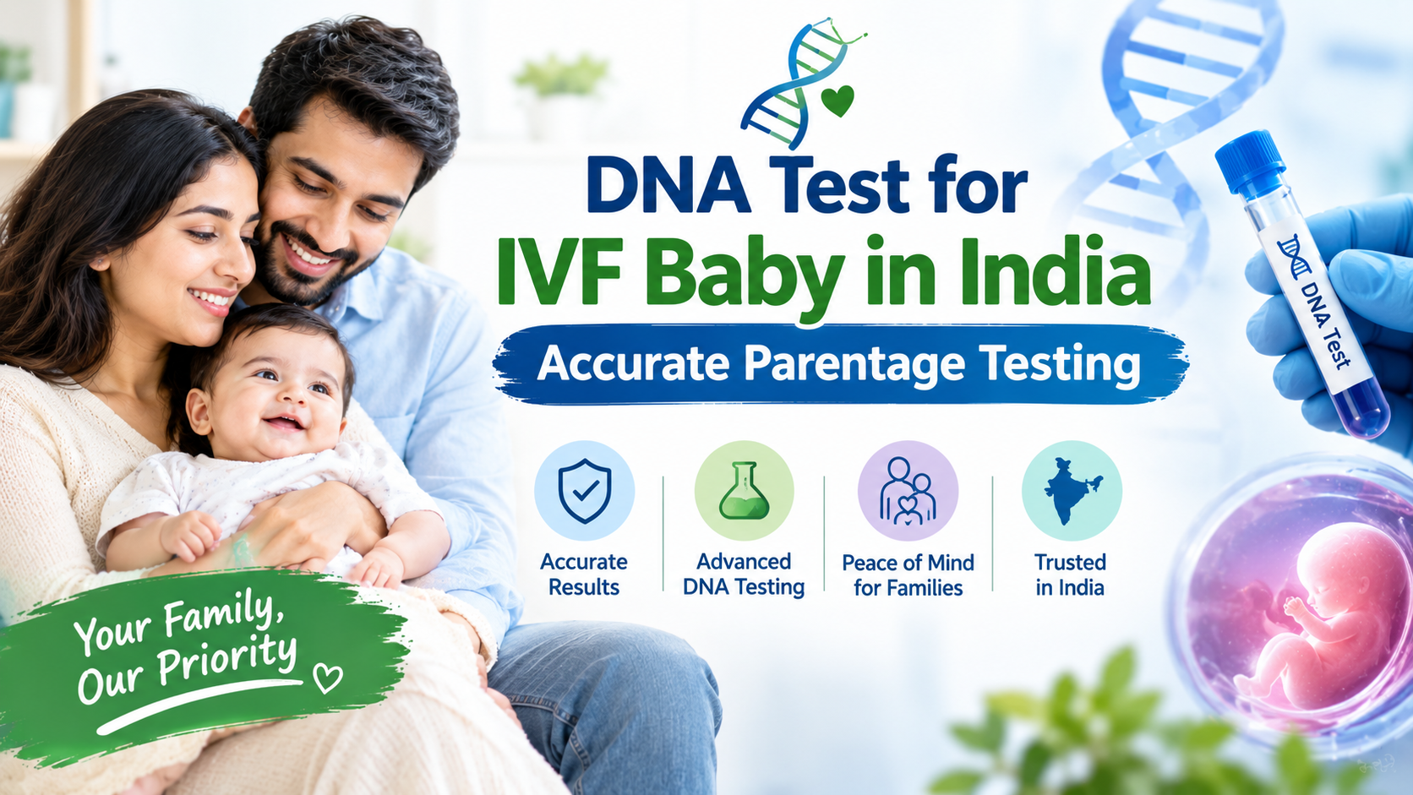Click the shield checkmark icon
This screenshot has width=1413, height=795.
coord(585,491)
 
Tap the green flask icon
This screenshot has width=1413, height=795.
coord(745,491)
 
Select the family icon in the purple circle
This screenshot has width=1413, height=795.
coord(908,491)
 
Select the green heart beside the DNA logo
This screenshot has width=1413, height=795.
coord(837,101)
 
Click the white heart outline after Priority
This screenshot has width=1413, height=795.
coord(328,678)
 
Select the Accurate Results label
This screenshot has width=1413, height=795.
coord(584,574)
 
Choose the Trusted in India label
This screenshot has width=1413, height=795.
coord(1071,575)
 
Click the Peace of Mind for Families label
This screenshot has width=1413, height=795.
coord(908,575)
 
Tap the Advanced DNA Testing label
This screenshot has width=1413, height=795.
coord(744,574)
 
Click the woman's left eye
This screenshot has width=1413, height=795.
coord(203,235)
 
